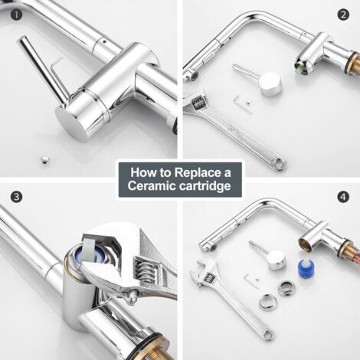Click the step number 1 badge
coord(16,15)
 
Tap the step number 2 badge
coord(343,15)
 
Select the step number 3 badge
coord(16,197)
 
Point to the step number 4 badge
coord(343,197)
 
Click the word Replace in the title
coord(198,173)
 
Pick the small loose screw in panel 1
coord(44,160)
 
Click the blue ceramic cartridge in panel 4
coord(306,270)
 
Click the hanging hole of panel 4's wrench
coord(268,334)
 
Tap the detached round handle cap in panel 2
coord(270,84)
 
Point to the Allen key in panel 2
coord(244,104)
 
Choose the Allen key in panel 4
coord(250,280)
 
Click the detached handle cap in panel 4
coord(276,260)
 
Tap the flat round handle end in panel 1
coord(70,125)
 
